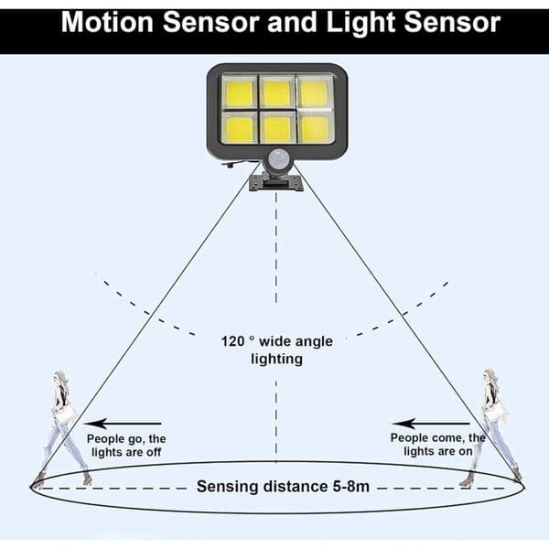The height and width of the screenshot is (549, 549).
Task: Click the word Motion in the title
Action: pyautogui.click(x=107, y=22)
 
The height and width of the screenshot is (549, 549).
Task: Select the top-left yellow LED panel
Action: pyautogui.click(x=240, y=92)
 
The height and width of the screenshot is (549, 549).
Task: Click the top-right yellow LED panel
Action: pyautogui.click(x=314, y=91)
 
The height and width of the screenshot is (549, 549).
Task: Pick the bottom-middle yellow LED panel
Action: pyautogui.click(x=277, y=128)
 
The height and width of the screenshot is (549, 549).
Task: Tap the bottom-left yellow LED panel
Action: pyautogui.click(x=240, y=129)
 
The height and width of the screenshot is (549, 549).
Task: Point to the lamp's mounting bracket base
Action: pyautogui.click(x=276, y=183)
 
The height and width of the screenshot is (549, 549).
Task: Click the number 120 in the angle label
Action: pyautogui.click(x=232, y=341)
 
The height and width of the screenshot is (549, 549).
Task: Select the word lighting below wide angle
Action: pyautogui.click(x=277, y=360)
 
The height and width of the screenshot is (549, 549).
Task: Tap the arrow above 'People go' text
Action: pyautogui.click(x=124, y=424)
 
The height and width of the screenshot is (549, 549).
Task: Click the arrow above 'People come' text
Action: pyautogui.click(x=431, y=424)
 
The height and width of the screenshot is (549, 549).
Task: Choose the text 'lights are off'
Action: pyautogui.click(x=126, y=452)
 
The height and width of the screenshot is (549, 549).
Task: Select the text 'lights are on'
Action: pyautogui.click(x=438, y=451)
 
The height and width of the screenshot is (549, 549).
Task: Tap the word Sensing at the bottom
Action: pyautogui.click(x=227, y=487)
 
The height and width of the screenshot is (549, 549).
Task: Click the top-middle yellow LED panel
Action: pyautogui.click(x=277, y=92)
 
